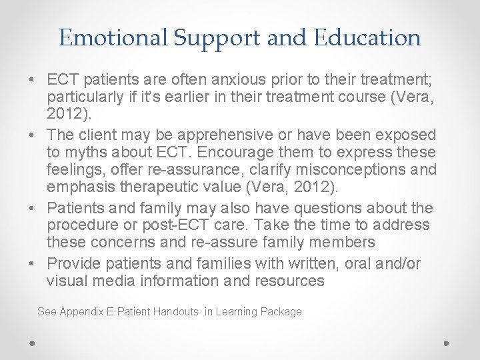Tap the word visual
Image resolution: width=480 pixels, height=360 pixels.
click(x=66, y=281)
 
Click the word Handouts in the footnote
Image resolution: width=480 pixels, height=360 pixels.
click(x=175, y=311)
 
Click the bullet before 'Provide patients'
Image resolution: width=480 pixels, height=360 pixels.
click(x=33, y=264)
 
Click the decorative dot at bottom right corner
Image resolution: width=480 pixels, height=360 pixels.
click(x=447, y=343)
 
